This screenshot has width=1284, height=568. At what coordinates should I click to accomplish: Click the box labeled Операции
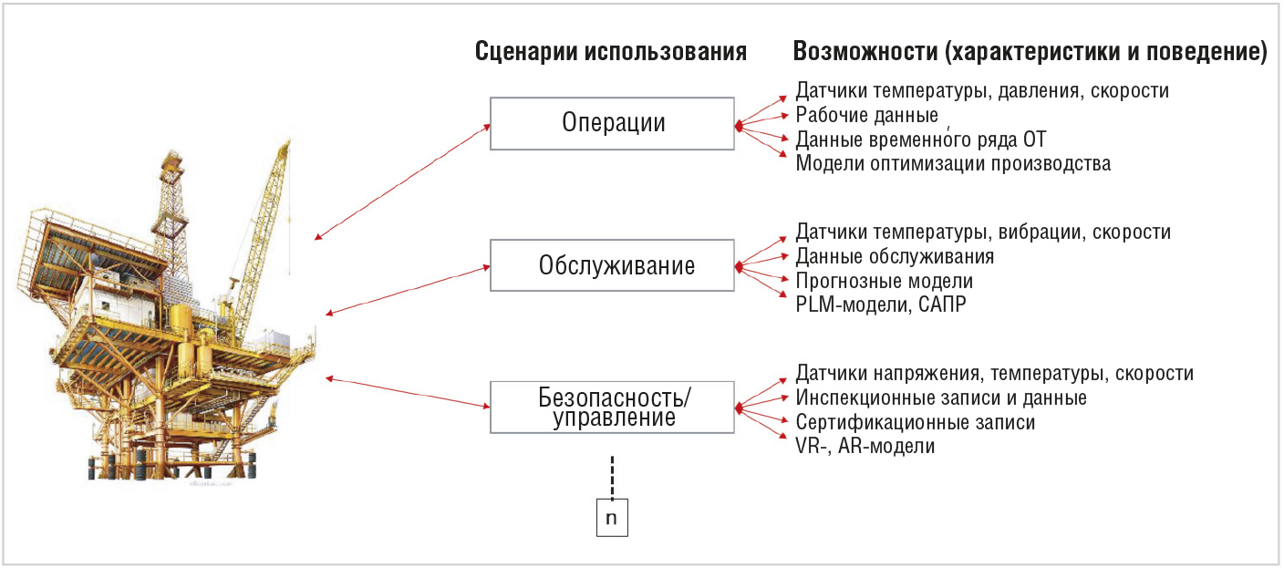tap(612, 124)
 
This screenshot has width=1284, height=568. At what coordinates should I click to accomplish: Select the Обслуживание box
tap(612, 265)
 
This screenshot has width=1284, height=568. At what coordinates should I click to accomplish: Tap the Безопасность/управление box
tap(612, 407)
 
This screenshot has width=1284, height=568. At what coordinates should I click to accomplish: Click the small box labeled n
tap(612, 518)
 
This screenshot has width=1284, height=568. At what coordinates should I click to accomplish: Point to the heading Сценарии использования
tap(611, 52)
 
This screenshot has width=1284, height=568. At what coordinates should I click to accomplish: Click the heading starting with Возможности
tap(1030, 52)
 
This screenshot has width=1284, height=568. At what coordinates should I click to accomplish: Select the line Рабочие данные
tap(866, 115)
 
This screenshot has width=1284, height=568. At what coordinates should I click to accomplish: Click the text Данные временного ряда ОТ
tap(920, 139)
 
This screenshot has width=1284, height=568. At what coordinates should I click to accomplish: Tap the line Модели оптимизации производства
tap(953, 163)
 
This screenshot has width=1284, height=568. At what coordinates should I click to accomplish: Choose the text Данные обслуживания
tap(895, 256)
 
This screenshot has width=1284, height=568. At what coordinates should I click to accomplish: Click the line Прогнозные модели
tap(885, 281)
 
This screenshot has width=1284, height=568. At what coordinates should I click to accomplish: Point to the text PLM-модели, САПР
tap(881, 305)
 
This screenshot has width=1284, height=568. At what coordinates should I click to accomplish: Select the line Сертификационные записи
tap(916, 422)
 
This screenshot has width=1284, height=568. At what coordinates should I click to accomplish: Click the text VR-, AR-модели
tap(865, 446)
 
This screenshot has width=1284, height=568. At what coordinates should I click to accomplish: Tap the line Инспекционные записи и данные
tap(941, 398)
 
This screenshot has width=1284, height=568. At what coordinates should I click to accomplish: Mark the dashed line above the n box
tap(612, 478)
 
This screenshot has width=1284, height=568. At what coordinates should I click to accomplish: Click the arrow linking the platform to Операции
tap(402, 181)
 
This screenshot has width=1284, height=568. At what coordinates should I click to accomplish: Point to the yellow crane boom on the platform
tap(264, 241)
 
